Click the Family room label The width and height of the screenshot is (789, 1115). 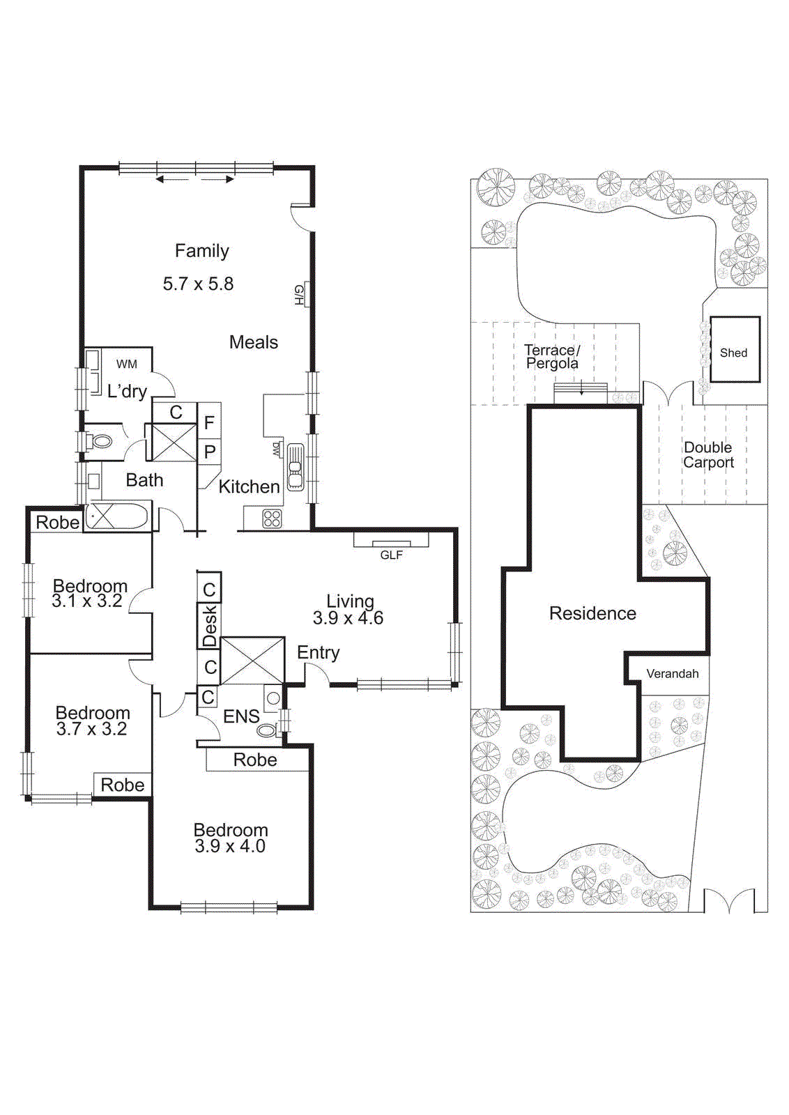(x=201, y=251)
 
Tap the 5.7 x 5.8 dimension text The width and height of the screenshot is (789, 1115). (x=198, y=284)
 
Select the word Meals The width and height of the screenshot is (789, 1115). (x=254, y=342)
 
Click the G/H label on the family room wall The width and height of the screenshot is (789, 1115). (x=299, y=295)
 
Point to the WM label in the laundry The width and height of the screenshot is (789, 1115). (x=126, y=364)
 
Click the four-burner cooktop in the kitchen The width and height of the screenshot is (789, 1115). (x=272, y=518)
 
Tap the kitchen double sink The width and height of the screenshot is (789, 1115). (x=296, y=468)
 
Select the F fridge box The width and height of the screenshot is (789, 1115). (x=209, y=422)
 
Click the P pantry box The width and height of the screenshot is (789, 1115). (x=210, y=452)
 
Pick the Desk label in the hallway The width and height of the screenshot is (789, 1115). (x=210, y=626)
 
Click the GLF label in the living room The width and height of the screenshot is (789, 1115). (x=391, y=555)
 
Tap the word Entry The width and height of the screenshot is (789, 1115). (x=318, y=652)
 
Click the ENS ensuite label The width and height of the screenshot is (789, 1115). (x=241, y=716)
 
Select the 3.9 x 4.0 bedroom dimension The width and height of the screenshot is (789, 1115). (x=229, y=846)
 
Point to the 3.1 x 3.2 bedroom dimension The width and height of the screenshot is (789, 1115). (x=87, y=601)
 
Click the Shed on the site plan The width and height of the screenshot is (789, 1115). (x=735, y=349)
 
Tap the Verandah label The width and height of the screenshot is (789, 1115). (x=673, y=673)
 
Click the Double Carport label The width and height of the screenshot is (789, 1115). (x=708, y=455)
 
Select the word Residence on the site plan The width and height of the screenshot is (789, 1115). (x=592, y=613)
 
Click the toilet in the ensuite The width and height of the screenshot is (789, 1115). (x=268, y=731)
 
